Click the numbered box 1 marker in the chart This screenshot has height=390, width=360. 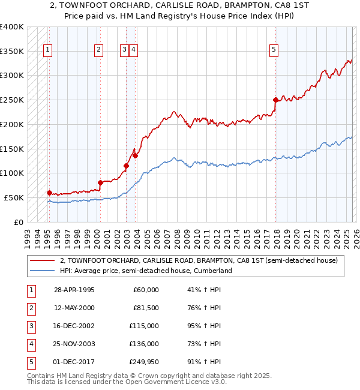(47, 50)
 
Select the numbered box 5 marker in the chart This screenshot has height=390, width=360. (274, 50)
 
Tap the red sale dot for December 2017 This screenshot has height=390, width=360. (275, 100)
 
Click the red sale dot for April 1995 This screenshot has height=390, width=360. (49, 193)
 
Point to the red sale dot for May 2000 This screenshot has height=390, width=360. (100, 182)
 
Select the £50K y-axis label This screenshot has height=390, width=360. (13, 197)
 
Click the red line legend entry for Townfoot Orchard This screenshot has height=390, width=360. (199, 260)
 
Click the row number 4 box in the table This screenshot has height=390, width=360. (31, 344)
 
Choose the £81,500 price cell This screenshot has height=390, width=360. (145, 308)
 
